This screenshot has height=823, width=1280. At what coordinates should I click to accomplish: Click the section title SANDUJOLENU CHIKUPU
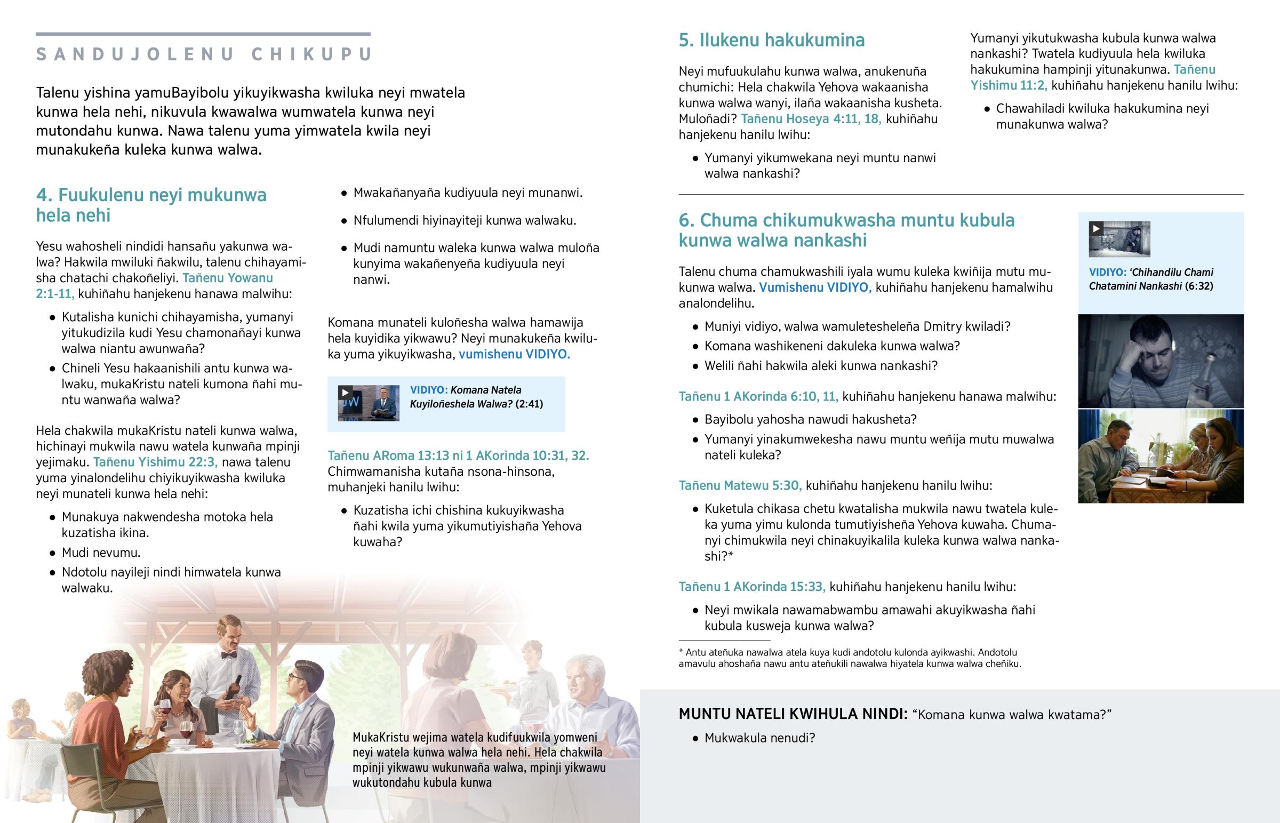pyautogui.click(x=204, y=54)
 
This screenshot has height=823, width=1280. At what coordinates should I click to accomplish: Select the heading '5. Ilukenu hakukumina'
pyautogui.click(x=771, y=40)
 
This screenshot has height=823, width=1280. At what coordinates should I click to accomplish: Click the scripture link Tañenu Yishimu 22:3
pyautogui.click(x=155, y=462)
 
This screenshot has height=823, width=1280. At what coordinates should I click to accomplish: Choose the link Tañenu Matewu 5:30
pyautogui.click(x=740, y=486)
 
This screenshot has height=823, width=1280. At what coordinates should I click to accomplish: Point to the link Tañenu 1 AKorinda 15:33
pyautogui.click(x=751, y=587)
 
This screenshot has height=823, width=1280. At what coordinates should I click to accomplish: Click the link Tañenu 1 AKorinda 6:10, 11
pyautogui.click(x=758, y=396)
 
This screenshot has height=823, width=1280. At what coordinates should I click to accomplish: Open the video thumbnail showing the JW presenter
pyautogui.click(x=369, y=403)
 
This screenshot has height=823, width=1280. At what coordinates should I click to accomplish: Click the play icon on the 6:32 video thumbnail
pyautogui.click(x=1095, y=229)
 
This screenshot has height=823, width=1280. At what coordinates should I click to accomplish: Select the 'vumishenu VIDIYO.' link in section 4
pyautogui.click(x=514, y=354)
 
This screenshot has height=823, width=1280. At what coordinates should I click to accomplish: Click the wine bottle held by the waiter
pyautogui.click(x=233, y=688)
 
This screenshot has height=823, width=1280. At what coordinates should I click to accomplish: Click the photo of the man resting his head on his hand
pyautogui.click(x=1161, y=361)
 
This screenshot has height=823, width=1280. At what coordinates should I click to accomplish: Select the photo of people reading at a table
pyautogui.click(x=1161, y=456)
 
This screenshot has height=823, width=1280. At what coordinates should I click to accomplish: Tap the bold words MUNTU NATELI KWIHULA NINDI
pyautogui.click(x=792, y=714)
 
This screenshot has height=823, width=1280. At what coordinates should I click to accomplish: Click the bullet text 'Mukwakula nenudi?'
pyautogui.click(x=759, y=738)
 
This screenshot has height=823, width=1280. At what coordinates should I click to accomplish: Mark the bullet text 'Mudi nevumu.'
pyautogui.click(x=101, y=553)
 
